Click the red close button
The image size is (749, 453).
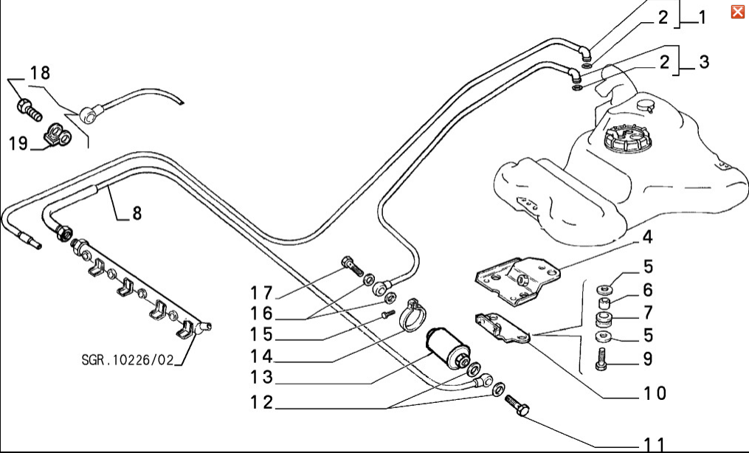(737, 12)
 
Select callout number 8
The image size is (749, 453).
(137, 214)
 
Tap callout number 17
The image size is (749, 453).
(261, 291)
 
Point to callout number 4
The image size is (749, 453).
(646, 238)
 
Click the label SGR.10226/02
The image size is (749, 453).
(129, 361)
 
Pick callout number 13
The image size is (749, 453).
(261, 378)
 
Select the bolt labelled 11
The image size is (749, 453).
(516, 406)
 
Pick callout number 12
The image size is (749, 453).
(261, 403)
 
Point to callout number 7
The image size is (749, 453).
(647, 313)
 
